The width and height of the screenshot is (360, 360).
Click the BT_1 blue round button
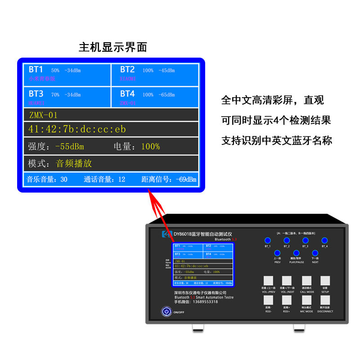pyautogui.click(x=267, y=241)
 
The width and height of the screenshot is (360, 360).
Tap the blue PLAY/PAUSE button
pyautogui.click(x=296, y=253)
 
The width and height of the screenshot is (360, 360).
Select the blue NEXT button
pyautogui.click(x=315, y=253)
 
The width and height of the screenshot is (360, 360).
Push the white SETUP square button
pyautogui.click(x=325, y=281)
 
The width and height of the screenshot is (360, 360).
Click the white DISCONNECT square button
pyautogui.click(x=325, y=301)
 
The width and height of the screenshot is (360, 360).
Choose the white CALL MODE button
pyautogui.click(x=306, y=281)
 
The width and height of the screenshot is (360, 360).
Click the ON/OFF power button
pyautogui.click(x=166, y=311)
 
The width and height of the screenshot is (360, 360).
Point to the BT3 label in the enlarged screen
pyautogui.click(x=36, y=94)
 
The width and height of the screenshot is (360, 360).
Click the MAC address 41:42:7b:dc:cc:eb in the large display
pyautogui.click(x=77, y=129)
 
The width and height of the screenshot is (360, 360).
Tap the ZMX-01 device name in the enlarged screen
pyautogui.click(x=43, y=115)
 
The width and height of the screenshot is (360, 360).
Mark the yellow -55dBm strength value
pyautogui.click(x=69, y=147)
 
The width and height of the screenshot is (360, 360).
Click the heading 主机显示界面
pyautogui.click(x=112, y=47)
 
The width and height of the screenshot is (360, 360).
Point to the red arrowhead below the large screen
pyautogui.click(x=149, y=195)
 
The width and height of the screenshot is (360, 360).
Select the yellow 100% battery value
pyautogui.click(x=150, y=147)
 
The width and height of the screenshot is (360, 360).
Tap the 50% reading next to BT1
pyautogui.click(x=55, y=71)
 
